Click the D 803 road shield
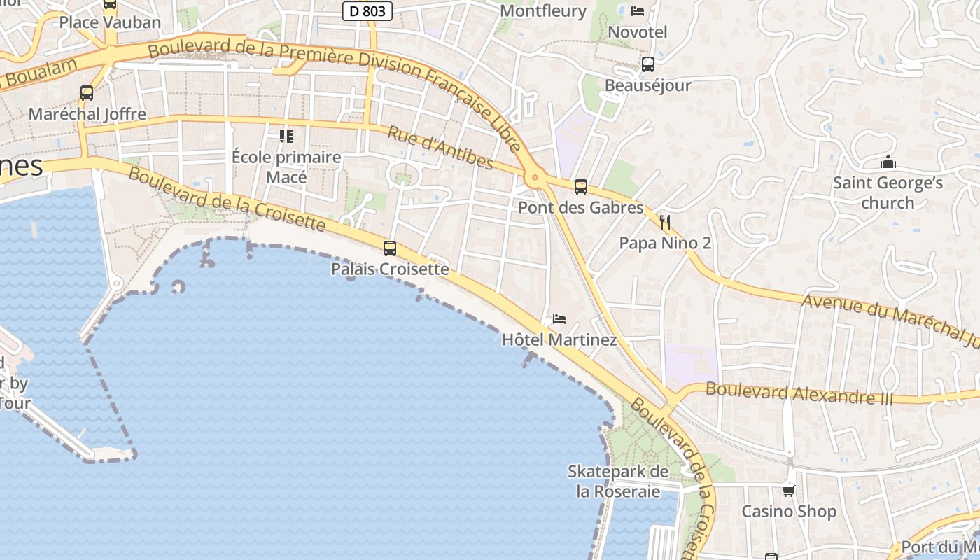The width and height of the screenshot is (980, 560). (367, 11)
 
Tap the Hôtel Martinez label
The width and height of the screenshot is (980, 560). (559, 340)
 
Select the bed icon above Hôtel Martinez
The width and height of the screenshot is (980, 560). (559, 319)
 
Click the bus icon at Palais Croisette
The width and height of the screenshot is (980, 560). (390, 248)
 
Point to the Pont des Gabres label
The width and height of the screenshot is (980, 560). (580, 208)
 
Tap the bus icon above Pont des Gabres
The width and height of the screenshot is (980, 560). (580, 187)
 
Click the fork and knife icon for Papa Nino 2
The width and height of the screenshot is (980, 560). (665, 223)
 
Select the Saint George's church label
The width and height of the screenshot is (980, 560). (888, 192)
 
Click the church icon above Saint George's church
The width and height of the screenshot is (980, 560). (888, 163)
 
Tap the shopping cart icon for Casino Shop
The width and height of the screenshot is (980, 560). (789, 491)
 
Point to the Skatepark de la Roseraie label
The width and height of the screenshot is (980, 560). (618, 481)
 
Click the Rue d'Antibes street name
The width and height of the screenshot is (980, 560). (440, 148)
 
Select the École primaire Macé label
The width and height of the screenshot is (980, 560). (286, 167)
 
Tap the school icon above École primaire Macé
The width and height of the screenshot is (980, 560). (286, 136)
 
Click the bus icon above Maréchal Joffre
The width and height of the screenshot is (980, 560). (87, 93)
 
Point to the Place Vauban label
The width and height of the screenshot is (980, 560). (110, 22)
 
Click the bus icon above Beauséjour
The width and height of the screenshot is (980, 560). (648, 65)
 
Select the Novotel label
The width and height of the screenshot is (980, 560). (638, 32)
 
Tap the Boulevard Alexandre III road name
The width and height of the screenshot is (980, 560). (799, 393)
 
